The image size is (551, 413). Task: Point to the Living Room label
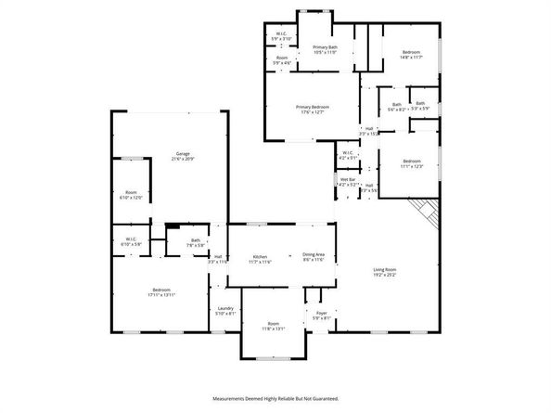click(385, 272)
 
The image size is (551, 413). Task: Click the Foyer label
click(322, 316)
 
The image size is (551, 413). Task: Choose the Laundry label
click(225, 311)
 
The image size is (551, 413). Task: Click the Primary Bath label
click(325, 49)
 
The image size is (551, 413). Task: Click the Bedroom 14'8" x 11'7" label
click(411, 54)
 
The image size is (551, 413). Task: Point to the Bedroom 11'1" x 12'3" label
click(412, 163)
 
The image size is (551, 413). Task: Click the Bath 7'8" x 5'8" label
click(196, 243)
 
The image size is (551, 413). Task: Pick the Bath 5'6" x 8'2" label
click(396, 107)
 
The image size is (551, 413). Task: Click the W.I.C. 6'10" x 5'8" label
click(131, 241)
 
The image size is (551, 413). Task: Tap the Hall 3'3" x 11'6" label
click(218, 260)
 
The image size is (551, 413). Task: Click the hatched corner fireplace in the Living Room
click(428, 213)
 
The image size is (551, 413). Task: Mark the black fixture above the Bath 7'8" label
click(173, 226)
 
